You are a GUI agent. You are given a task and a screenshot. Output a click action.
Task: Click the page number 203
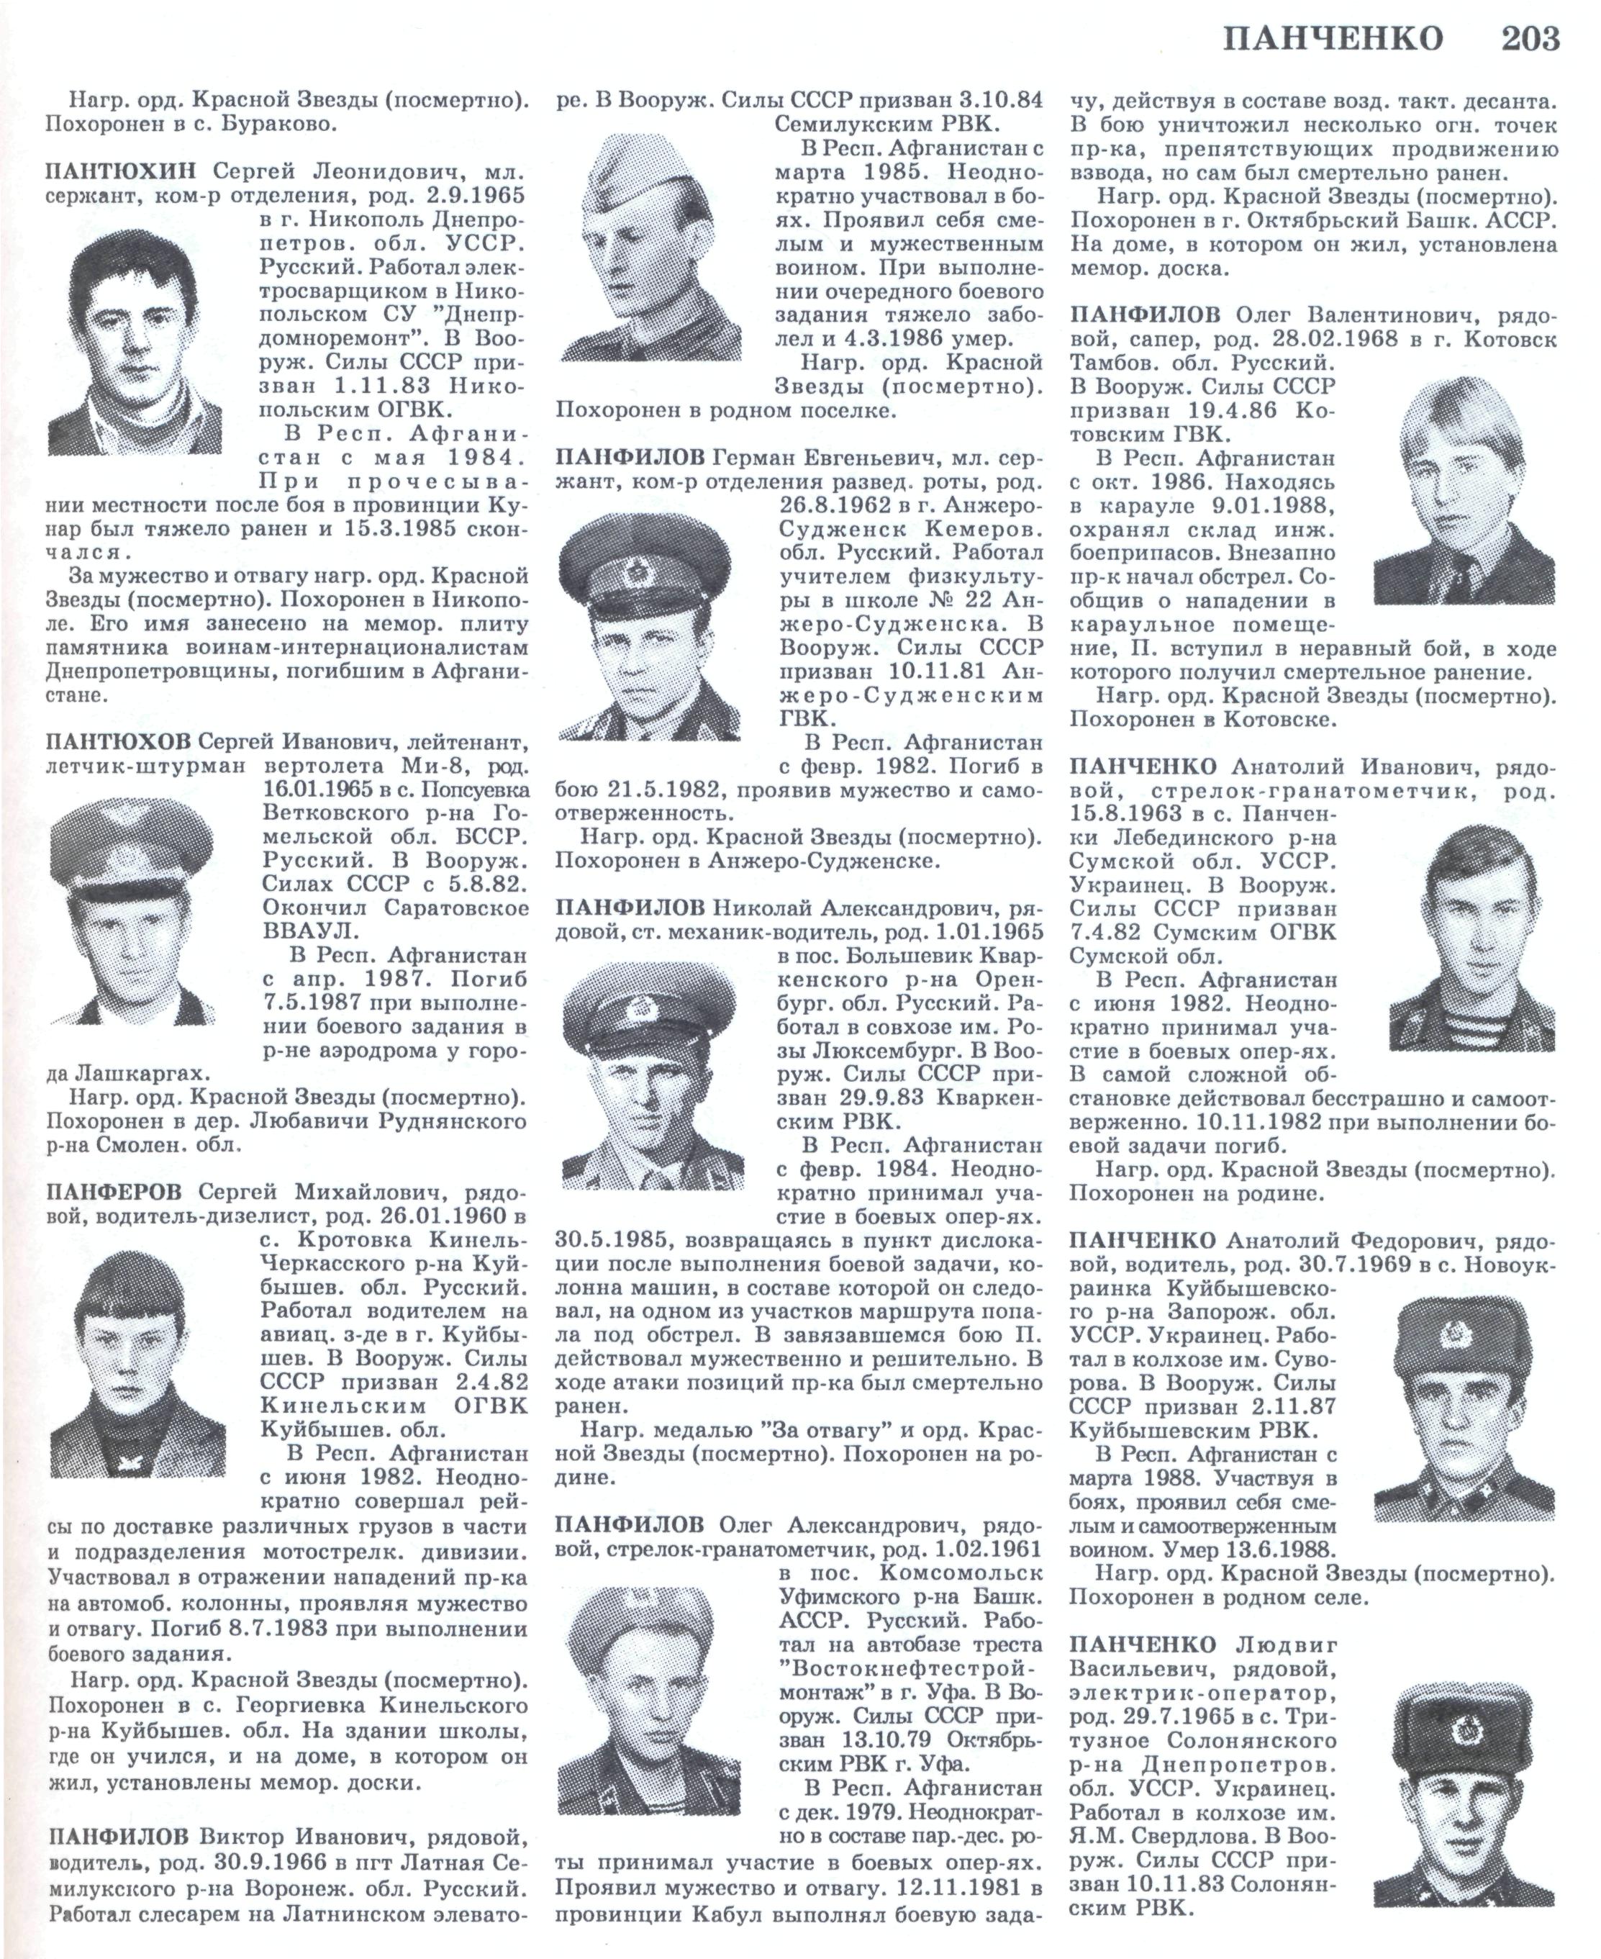click(x=1530, y=39)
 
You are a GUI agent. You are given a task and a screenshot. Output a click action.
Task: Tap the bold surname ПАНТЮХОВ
click(x=118, y=741)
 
